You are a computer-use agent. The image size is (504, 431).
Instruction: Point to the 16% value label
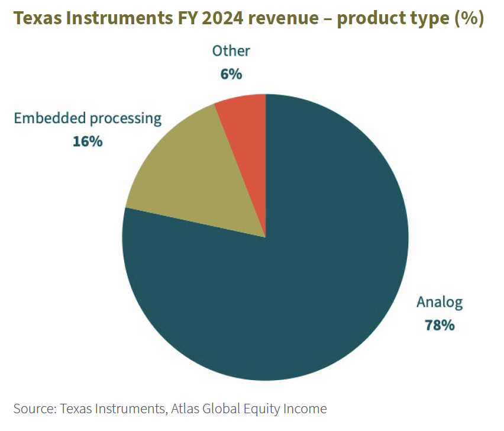pyautogui.click(x=88, y=141)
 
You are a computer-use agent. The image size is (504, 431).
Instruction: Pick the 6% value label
pyautogui.click(x=231, y=74)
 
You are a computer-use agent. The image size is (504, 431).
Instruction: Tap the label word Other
pyautogui.click(x=231, y=51)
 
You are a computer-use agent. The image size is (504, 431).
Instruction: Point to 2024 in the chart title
pyautogui.click(x=219, y=18)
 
